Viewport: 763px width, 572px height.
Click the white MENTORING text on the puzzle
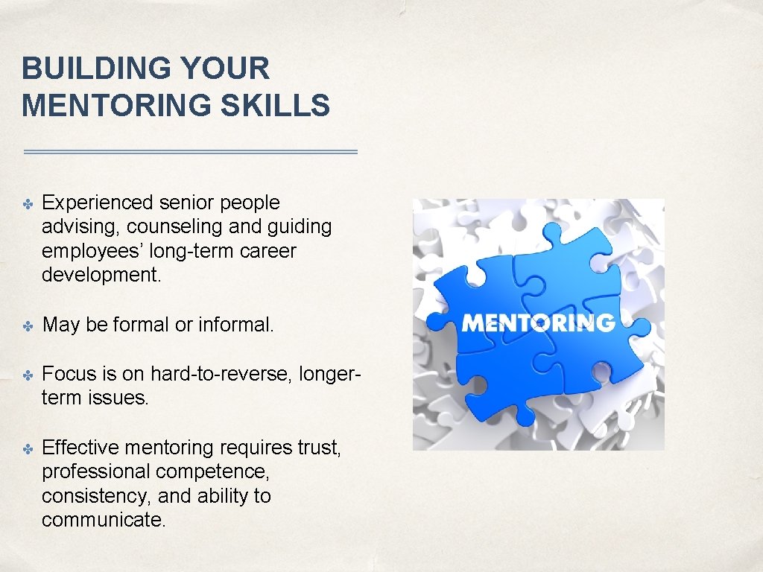(538, 322)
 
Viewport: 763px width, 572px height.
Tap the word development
(101, 274)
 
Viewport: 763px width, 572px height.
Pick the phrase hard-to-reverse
(221, 373)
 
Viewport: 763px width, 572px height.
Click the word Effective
(81, 448)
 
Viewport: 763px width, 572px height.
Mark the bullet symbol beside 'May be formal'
(28, 325)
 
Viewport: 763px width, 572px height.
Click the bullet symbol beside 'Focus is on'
(28, 374)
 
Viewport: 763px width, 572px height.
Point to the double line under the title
(191, 152)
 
